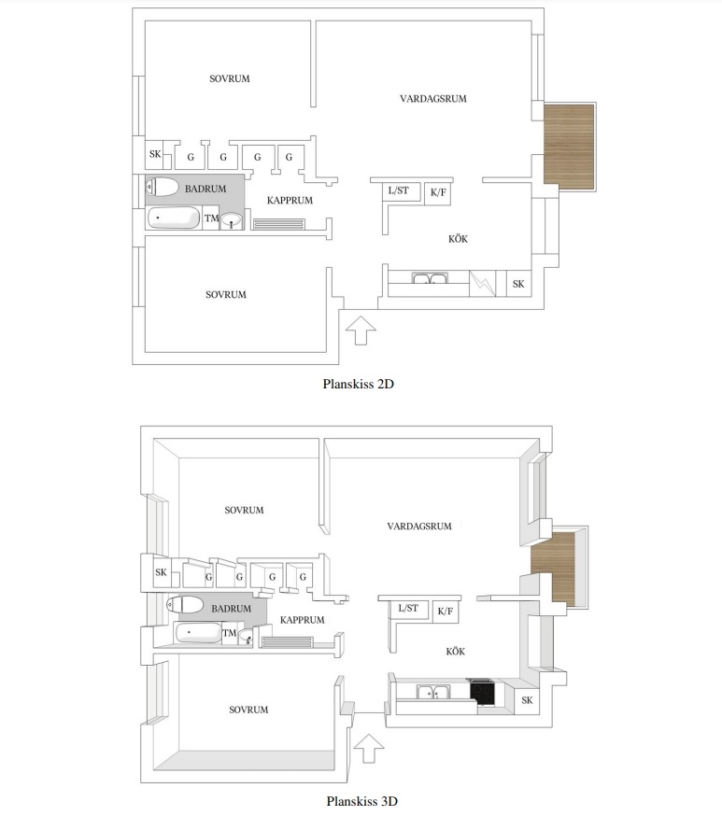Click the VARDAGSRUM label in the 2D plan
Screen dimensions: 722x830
[432, 98]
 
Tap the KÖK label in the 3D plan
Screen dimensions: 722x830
[456, 651]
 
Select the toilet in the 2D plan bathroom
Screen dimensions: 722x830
[162, 187]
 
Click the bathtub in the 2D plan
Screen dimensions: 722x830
[173, 218]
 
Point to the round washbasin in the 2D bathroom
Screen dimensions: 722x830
[231, 220]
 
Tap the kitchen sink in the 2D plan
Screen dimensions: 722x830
[431, 278]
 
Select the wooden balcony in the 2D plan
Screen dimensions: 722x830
[569, 147]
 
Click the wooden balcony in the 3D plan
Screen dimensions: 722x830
[553, 568]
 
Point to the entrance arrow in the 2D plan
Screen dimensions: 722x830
[361, 331]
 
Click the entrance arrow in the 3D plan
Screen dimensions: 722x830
[369, 748]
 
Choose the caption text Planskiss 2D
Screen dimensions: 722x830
[359, 384]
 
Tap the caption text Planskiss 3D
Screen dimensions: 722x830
[361, 801]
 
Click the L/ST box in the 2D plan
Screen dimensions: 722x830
[402, 191]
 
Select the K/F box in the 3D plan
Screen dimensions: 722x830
[446, 612]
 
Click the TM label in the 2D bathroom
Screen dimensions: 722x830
[211, 218]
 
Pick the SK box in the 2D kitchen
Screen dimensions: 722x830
[518, 284]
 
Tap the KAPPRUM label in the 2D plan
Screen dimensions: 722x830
[290, 200]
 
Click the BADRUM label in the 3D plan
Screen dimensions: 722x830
[231, 609]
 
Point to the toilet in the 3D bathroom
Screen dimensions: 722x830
[184, 604]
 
